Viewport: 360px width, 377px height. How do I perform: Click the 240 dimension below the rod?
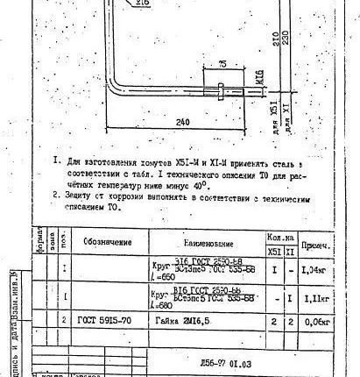(x=181, y=123)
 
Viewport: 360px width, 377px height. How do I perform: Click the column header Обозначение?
(x=108, y=241)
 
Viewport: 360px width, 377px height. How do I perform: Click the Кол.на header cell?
(x=281, y=236)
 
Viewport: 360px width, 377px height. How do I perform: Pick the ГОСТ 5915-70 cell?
(x=100, y=322)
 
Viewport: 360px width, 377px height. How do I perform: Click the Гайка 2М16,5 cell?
(x=194, y=322)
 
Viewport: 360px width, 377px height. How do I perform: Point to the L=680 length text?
(x=163, y=306)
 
